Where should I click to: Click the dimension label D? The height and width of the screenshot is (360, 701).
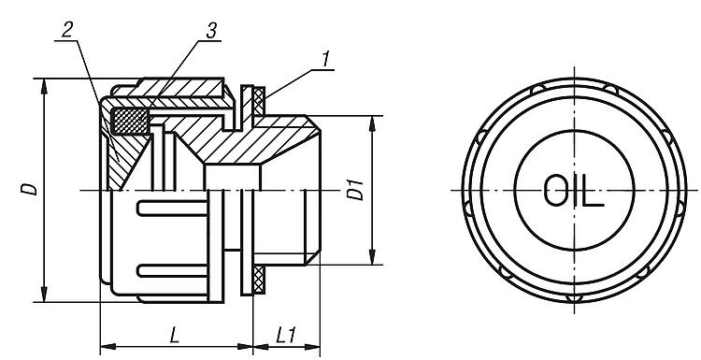(x=30, y=189)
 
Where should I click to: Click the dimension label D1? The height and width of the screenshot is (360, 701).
(x=356, y=190)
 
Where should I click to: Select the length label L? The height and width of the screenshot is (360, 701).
(x=175, y=335)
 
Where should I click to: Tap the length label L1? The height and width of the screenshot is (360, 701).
(x=286, y=335)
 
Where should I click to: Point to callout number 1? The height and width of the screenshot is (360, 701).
(x=326, y=59)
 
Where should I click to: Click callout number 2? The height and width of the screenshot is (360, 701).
(x=66, y=31)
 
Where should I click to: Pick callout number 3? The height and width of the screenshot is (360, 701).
(x=211, y=31)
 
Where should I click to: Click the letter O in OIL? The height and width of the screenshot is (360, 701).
(x=555, y=191)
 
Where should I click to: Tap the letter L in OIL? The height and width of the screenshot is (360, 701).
(x=594, y=191)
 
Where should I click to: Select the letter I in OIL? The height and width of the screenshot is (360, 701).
(x=575, y=191)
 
